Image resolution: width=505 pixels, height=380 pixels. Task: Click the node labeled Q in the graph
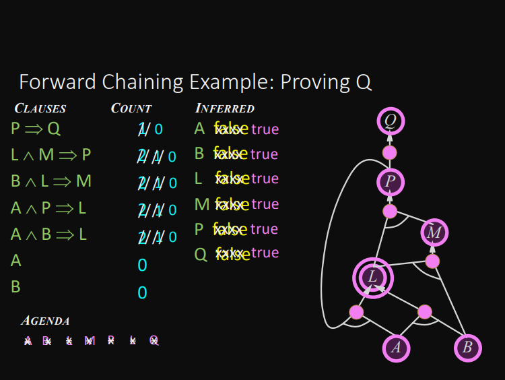tap(390, 121)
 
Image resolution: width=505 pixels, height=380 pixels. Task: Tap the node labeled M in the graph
tap(434, 233)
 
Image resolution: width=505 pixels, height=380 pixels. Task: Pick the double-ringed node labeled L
tap(372, 277)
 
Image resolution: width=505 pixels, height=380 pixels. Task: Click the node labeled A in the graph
tap(397, 348)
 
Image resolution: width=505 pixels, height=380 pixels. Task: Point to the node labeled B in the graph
tap(467, 348)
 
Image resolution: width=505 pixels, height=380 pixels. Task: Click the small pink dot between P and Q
tap(390, 152)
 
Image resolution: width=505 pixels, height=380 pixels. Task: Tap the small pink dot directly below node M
tap(432, 261)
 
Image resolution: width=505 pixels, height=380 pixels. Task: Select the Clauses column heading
tap(40, 108)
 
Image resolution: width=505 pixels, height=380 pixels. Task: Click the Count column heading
tap(131, 108)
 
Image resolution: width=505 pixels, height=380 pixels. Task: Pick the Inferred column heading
tap(225, 108)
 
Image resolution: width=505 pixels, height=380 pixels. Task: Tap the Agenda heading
tap(45, 321)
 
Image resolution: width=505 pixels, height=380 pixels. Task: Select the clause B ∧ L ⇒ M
tap(51, 181)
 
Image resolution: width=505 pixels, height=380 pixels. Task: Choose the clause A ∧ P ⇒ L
tap(48, 208)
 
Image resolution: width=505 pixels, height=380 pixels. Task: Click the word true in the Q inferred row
tap(265, 253)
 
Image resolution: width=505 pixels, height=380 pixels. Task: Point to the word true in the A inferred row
tap(265, 129)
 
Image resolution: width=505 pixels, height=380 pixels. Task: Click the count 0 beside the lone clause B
tap(142, 292)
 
